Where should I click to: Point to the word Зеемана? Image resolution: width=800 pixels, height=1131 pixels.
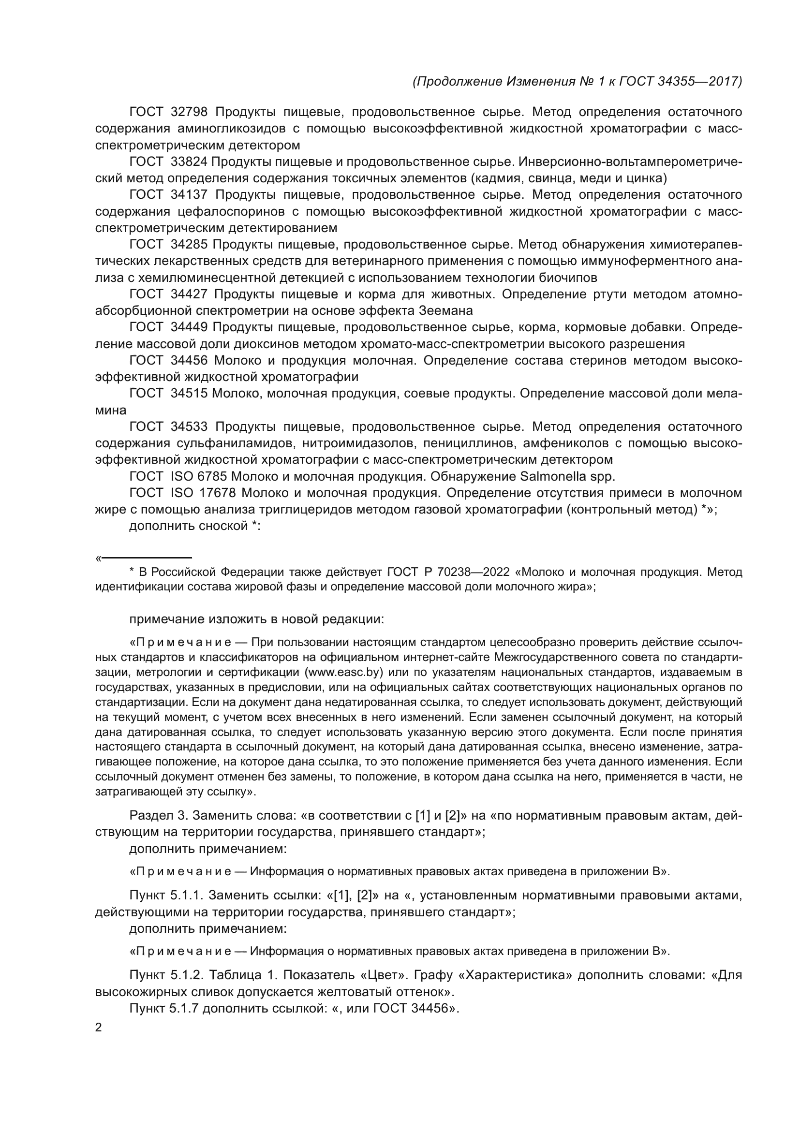[446, 311]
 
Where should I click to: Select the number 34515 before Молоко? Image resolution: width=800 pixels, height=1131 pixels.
[189, 394]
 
